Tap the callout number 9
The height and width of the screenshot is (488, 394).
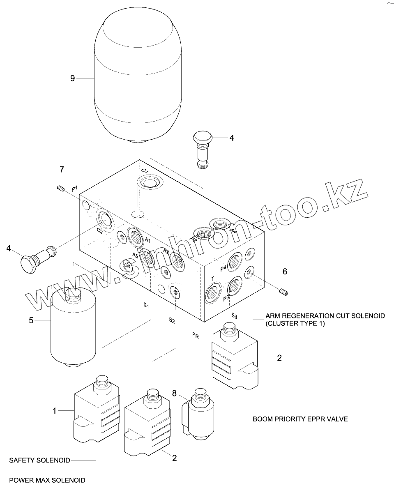[73, 78]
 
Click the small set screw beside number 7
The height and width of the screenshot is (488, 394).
[61, 189]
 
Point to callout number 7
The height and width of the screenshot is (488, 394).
[62, 169]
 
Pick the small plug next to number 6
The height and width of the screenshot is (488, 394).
[283, 292]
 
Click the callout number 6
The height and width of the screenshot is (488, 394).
[285, 272]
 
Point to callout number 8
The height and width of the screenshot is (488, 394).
[174, 394]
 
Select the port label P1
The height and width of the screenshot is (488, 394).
[74, 189]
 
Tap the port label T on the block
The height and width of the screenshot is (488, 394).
[212, 279]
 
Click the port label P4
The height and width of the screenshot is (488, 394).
[223, 268]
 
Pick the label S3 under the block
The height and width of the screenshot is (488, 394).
[234, 315]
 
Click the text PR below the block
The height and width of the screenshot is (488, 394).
[196, 335]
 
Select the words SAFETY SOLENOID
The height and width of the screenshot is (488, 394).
[40, 460]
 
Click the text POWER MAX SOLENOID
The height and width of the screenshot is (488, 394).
[47, 480]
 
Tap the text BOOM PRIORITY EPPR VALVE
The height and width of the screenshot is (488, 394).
[300, 419]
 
